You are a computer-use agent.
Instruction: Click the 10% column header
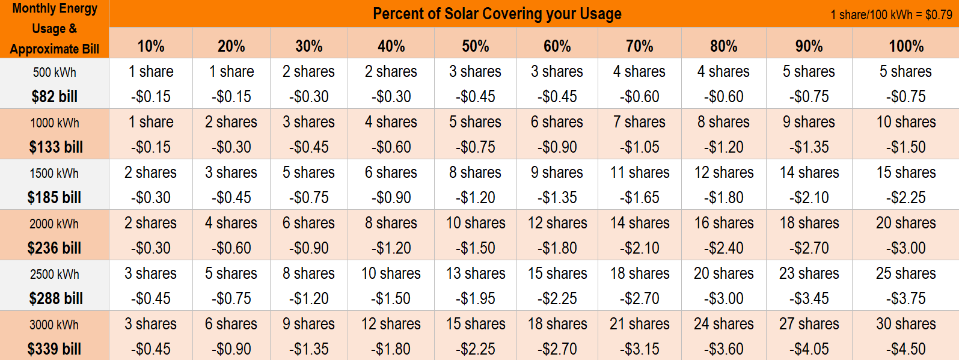click(150, 46)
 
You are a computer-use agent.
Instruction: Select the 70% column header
click(639, 46)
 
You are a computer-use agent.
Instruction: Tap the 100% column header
click(906, 46)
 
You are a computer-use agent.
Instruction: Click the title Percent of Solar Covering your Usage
click(497, 14)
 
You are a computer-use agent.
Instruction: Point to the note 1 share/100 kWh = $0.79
click(891, 14)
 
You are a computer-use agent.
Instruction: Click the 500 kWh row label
click(54, 72)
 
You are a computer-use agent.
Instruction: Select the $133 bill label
click(55, 147)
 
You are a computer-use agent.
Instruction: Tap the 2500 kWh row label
click(54, 274)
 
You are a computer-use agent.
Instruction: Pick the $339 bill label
click(54, 349)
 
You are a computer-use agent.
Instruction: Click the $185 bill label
click(54, 197)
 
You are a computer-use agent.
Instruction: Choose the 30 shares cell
click(905, 324)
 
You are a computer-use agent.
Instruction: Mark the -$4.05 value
click(809, 349)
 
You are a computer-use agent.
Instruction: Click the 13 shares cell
click(475, 273)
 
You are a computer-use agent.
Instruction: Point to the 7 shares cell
click(639, 122)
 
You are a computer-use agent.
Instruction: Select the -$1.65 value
click(639, 197)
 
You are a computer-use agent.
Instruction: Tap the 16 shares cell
click(723, 223)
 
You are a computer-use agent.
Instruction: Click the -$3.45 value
click(809, 298)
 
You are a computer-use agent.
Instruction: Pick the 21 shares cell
click(639, 324)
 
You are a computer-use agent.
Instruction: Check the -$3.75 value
click(905, 298)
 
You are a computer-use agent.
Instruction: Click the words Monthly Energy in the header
click(55, 8)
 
